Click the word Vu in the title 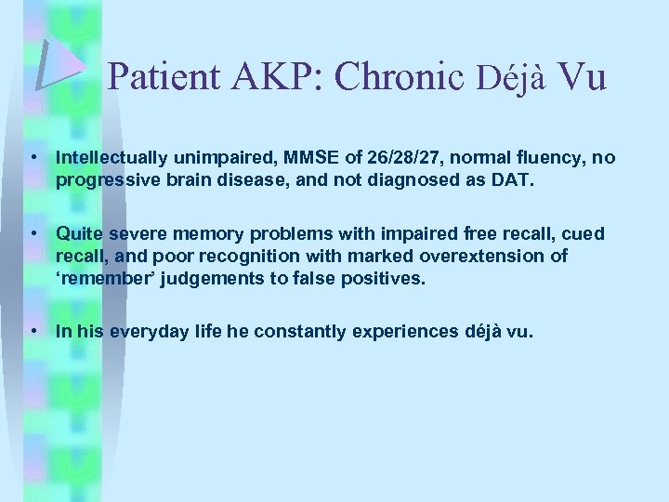584,77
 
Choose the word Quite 78,233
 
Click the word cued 585,233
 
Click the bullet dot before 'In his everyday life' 33,330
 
